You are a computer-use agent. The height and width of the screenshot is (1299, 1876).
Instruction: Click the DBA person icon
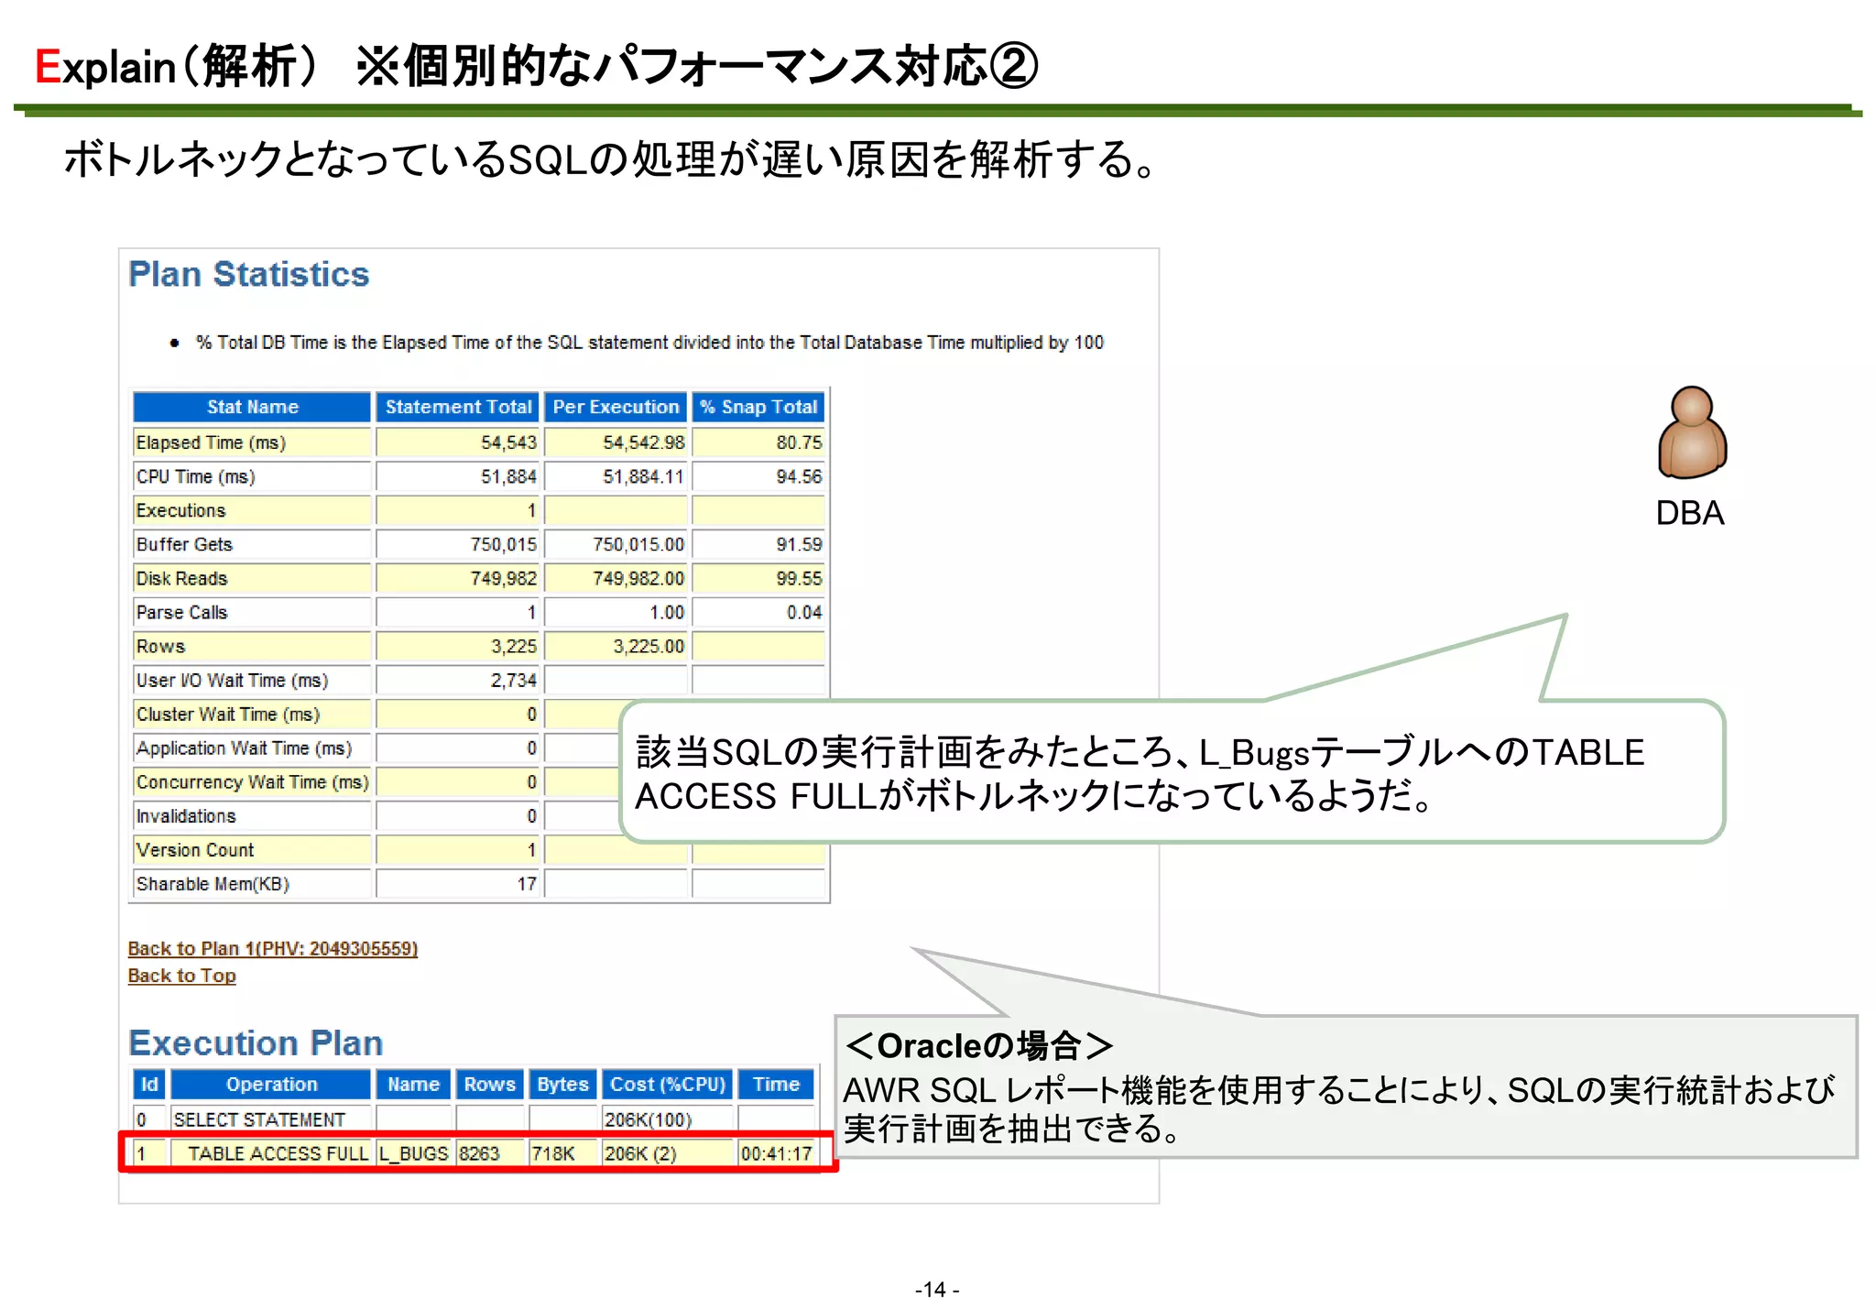click(x=1691, y=432)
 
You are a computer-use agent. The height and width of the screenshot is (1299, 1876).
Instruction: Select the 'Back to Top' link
click(x=181, y=976)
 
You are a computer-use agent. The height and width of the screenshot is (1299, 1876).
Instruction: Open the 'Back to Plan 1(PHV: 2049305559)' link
click(x=272, y=948)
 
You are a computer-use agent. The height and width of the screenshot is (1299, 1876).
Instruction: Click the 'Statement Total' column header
click(x=458, y=407)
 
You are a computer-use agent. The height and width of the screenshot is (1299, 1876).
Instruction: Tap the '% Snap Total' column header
click(x=758, y=407)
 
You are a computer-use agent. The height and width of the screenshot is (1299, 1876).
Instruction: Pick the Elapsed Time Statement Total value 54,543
click(x=508, y=442)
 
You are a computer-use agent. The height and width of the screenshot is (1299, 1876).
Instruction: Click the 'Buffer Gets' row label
click(x=184, y=544)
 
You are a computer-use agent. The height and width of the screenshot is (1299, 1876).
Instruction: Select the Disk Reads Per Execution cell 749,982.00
click(x=638, y=578)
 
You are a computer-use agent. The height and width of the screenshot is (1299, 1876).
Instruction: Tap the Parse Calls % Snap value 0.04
click(x=803, y=612)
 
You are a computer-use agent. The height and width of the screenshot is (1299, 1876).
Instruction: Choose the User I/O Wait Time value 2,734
click(x=513, y=680)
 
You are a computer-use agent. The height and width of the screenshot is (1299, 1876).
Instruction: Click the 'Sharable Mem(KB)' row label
click(x=213, y=884)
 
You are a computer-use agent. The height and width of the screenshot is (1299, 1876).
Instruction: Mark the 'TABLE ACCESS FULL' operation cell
click(x=277, y=1153)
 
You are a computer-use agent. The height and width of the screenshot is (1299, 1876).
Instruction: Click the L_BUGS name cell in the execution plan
click(x=414, y=1153)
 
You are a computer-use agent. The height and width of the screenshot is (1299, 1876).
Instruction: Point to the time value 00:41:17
click(x=776, y=1153)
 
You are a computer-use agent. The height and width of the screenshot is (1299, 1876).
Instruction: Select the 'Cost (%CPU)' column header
click(x=667, y=1085)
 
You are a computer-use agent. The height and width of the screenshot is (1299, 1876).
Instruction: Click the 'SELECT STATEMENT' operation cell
click(x=259, y=1119)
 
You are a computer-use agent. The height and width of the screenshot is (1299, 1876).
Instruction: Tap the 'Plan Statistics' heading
click(x=248, y=274)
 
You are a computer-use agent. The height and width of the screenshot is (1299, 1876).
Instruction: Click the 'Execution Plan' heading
click(x=256, y=1042)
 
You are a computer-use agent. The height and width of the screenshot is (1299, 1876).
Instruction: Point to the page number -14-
click(x=936, y=1289)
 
